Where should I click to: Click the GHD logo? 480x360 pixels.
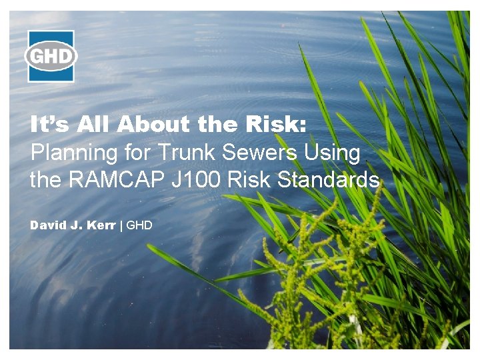(51, 56)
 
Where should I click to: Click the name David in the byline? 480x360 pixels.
(47, 225)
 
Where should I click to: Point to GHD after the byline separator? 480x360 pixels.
(139, 225)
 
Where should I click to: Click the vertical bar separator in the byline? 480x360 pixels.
(121, 225)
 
